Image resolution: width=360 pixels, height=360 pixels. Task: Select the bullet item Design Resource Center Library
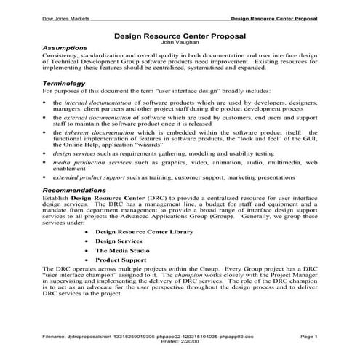click(145, 231)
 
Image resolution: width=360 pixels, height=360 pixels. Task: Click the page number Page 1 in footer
click(308, 337)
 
